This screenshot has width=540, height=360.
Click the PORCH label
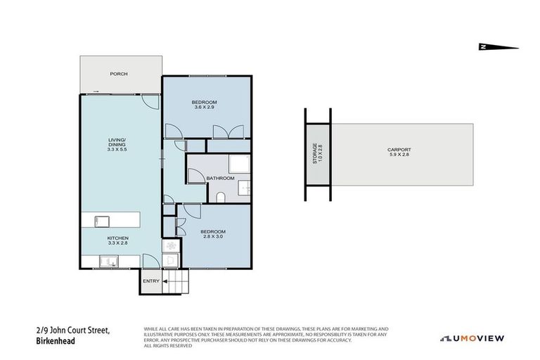[x=118, y=74]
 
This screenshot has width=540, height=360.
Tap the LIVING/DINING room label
[x=117, y=143]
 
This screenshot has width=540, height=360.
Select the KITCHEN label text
[x=117, y=238]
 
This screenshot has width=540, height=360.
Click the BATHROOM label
[x=219, y=179]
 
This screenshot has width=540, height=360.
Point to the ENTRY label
[x=151, y=281]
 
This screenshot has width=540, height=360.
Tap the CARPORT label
[x=399, y=149]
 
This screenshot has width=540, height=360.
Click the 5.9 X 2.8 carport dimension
[x=399, y=155]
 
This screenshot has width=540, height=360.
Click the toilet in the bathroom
[x=221, y=197]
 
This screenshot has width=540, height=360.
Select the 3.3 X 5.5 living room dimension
[x=117, y=150]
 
